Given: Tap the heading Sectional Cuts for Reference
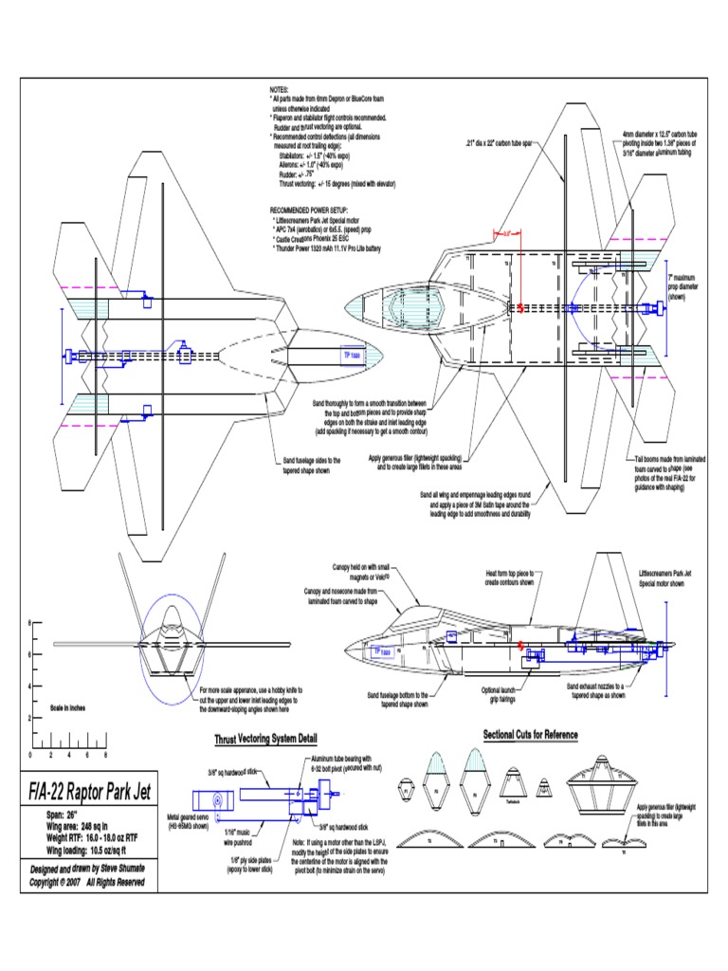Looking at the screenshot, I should tap(530, 734).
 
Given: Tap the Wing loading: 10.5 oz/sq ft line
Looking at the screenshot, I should tap(87, 852).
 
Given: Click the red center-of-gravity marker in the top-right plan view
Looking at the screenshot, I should tap(519, 307).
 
